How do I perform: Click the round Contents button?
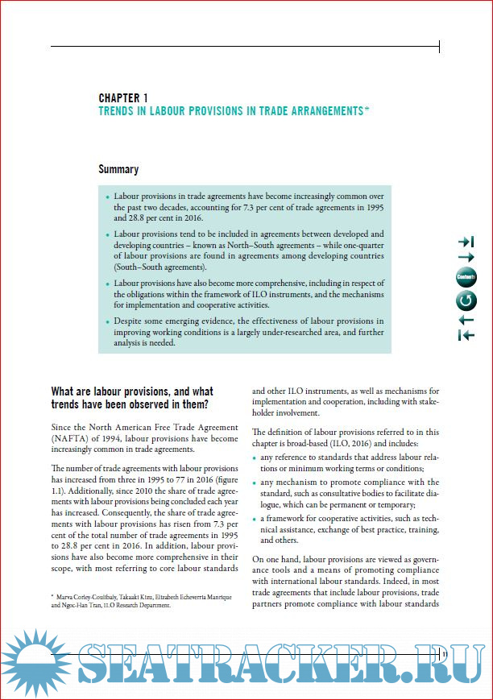(x=466, y=278)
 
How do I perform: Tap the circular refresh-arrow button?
(x=466, y=300)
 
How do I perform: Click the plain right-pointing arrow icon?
(x=466, y=258)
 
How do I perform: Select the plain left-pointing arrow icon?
(x=466, y=320)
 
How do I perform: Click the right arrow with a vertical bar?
(x=466, y=241)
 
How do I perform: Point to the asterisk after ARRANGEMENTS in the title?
(x=367, y=110)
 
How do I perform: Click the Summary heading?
(x=118, y=169)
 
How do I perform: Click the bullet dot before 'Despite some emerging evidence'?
(x=107, y=321)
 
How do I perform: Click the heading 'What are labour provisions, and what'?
(x=131, y=391)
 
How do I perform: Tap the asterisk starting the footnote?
(x=52, y=597)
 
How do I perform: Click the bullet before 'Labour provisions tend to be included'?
(x=107, y=234)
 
